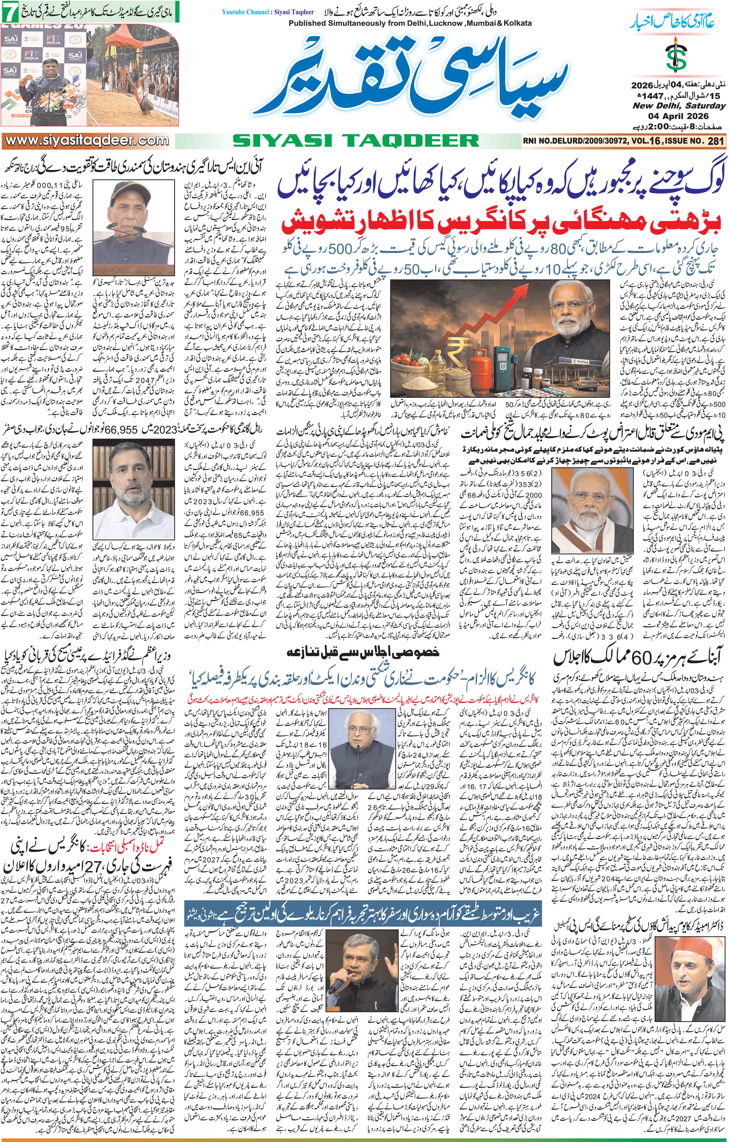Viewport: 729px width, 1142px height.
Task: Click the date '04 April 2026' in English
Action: coord(680,117)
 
